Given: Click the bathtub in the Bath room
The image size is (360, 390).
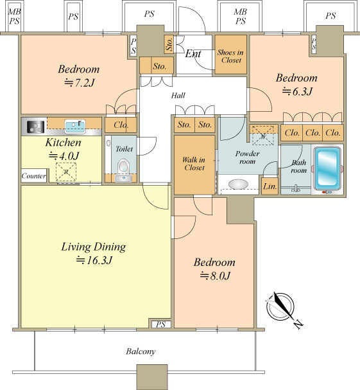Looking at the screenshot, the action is (x=327, y=168).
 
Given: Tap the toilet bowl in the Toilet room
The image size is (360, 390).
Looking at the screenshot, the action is (x=123, y=166).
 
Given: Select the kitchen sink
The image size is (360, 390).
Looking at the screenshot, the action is (x=75, y=127).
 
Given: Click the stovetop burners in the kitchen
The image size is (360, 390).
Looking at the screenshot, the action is (x=35, y=127).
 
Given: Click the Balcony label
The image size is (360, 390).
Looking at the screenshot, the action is (x=141, y=351).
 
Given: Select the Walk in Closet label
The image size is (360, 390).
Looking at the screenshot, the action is (x=194, y=164).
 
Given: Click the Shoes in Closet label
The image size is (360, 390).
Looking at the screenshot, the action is (x=230, y=56).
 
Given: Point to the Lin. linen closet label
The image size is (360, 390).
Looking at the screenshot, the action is (x=270, y=186).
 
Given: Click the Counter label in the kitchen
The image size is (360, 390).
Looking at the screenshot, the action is (x=34, y=176).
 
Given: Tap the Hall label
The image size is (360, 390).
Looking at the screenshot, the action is (x=178, y=95).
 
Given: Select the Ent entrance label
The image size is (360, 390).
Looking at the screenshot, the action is (x=193, y=53).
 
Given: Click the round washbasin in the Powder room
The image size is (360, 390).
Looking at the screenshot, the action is (x=238, y=184).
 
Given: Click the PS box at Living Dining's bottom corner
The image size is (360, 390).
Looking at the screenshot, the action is (x=161, y=324).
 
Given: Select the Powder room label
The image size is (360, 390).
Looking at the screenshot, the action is (x=247, y=157).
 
